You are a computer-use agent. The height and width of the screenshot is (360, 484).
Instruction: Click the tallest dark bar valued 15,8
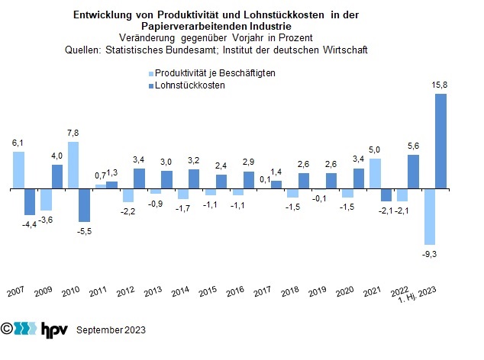tap(440, 141)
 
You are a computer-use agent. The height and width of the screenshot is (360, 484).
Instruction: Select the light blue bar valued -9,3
tap(430, 217)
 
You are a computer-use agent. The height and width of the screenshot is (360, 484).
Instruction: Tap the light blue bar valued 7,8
tap(73, 166)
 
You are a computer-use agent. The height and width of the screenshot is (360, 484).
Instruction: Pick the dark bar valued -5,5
tap(84, 204)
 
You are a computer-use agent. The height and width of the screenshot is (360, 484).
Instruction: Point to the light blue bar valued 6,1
tap(18, 170)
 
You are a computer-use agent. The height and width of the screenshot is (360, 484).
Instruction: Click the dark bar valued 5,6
tap(413, 172)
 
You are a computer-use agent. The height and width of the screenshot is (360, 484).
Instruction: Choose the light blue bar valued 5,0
tap(375, 173)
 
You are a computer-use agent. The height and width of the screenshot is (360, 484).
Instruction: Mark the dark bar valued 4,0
tap(57, 176)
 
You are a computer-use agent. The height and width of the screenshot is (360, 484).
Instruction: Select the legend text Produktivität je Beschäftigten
tap(215, 73)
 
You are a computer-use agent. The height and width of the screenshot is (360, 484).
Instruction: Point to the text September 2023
tap(111, 330)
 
